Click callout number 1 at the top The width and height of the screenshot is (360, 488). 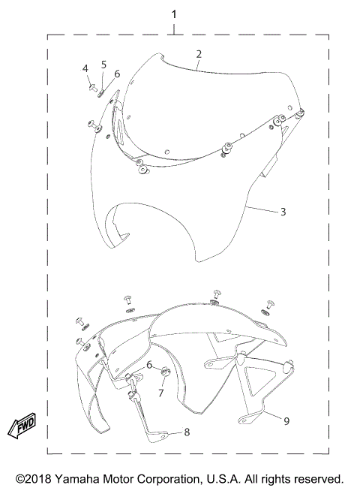pos(175,15)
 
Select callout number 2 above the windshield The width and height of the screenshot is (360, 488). pos(198,54)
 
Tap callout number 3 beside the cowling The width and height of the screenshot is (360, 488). pos(283,212)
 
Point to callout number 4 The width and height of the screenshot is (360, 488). pos(86,69)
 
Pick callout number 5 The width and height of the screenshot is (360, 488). pos(103,65)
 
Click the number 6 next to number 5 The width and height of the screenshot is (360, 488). pos(117,74)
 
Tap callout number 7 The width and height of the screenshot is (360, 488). pos(160,391)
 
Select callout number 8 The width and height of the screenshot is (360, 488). pos(187,432)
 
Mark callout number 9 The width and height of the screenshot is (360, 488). pos(286,421)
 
